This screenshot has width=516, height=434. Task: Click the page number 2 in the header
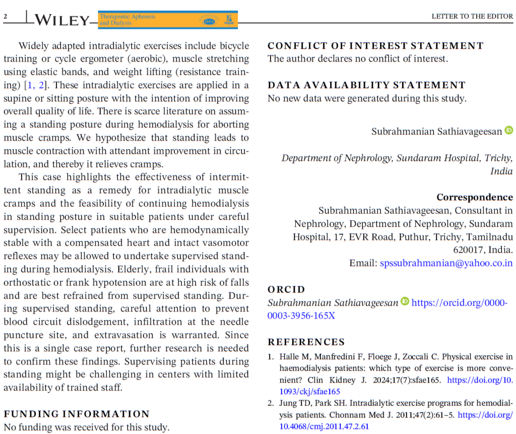6,16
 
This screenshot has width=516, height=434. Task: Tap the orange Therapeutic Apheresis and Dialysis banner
167,20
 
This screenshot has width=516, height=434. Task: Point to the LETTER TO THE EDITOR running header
472,16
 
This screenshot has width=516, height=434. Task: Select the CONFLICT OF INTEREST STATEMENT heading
375,46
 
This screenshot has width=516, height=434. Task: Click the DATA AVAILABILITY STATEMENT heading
366,85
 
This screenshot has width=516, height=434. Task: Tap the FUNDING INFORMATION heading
77,414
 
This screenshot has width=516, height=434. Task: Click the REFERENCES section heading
306,342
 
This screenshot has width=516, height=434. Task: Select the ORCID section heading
286,290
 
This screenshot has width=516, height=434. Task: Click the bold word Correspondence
474,197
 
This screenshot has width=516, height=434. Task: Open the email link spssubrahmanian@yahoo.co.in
446,263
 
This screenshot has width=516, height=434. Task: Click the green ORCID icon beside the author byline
508,131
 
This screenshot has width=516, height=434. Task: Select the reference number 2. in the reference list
271,403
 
